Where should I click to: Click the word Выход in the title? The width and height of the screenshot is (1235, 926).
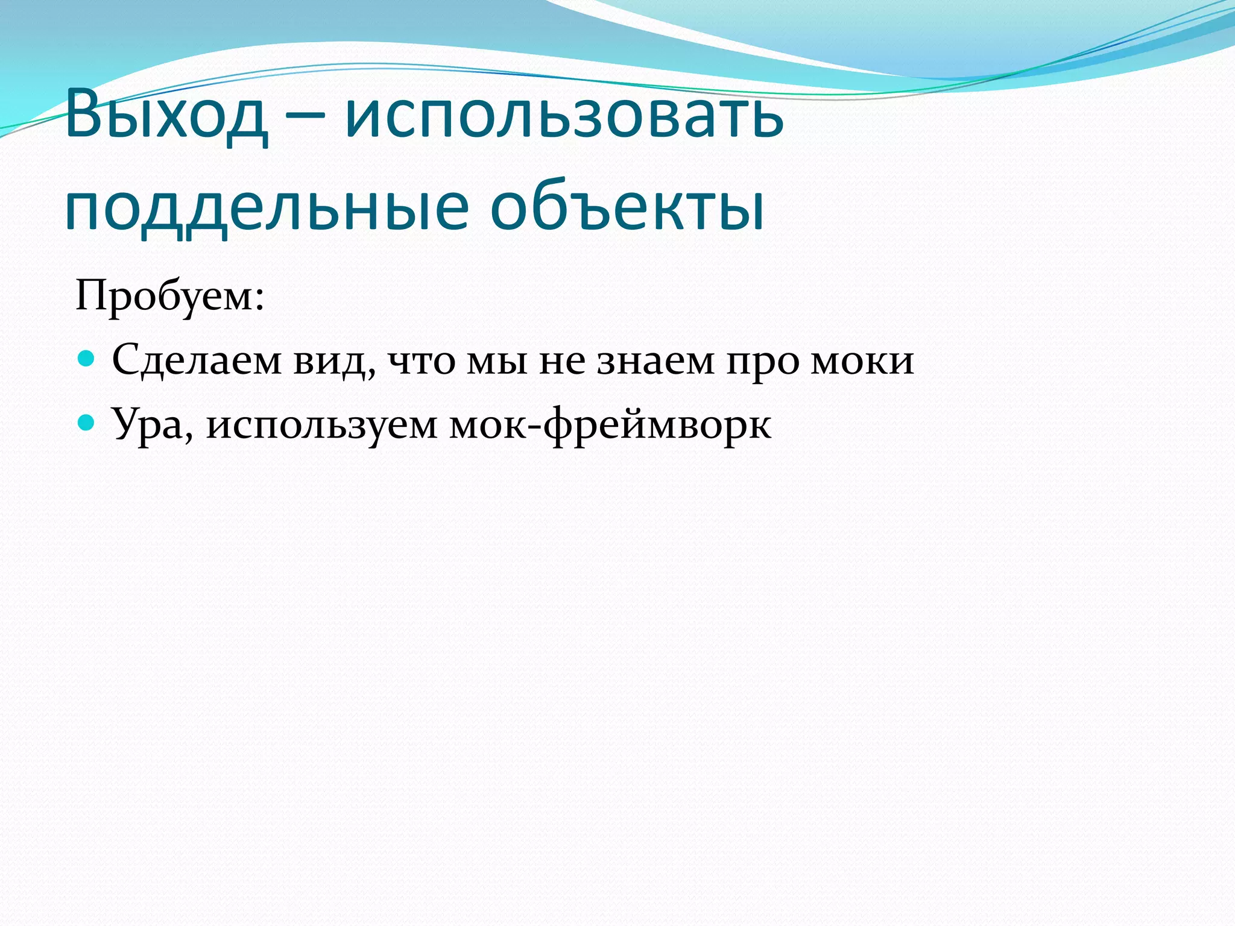tap(166, 115)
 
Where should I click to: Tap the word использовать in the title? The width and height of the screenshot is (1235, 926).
tap(564, 115)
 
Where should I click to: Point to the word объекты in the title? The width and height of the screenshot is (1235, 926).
tap(627, 208)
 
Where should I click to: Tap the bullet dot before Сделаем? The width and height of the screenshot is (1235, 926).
tap(87, 359)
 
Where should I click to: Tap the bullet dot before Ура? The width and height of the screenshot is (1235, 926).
tap(87, 423)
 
